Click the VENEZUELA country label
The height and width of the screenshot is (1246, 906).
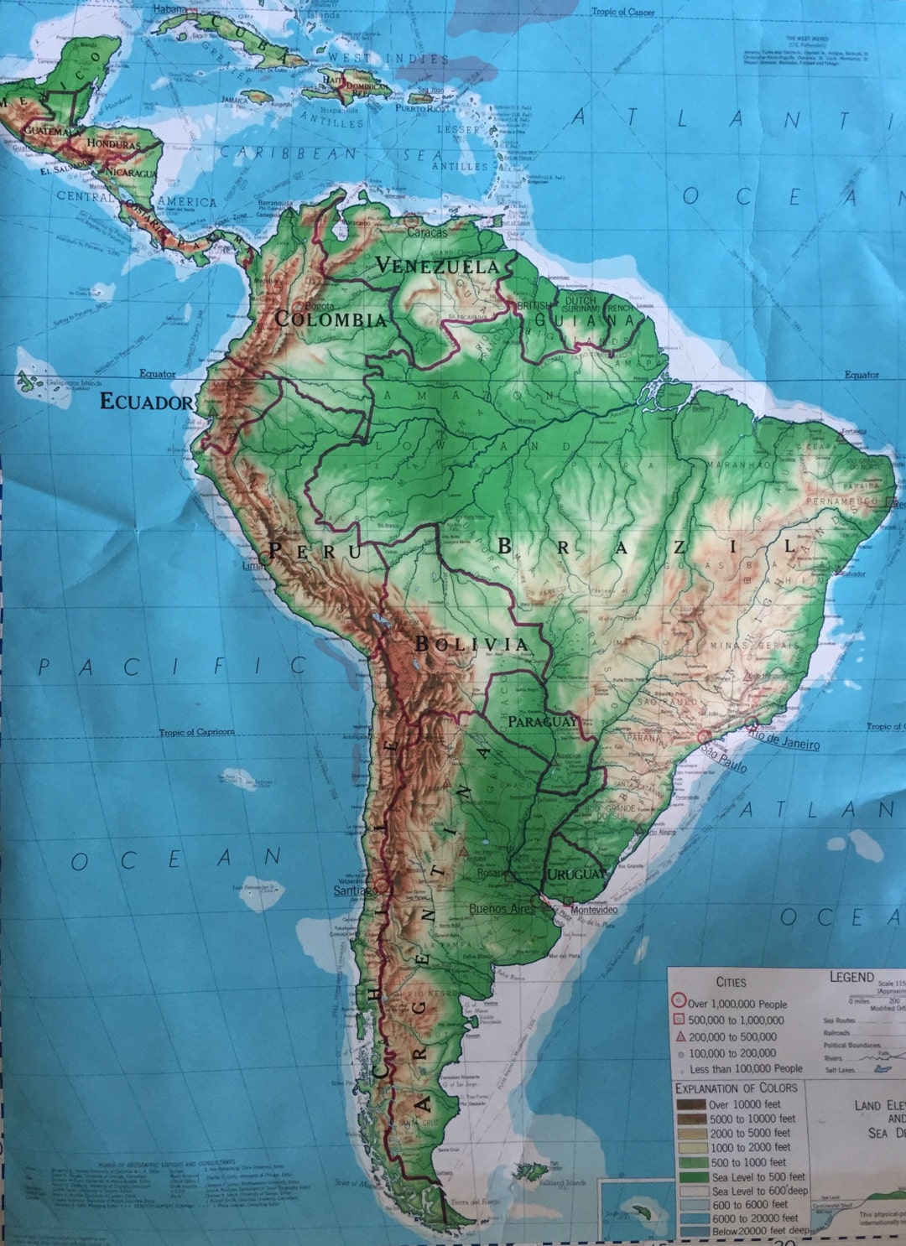point(437,266)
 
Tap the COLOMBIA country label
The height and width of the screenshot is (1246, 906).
point(331,319)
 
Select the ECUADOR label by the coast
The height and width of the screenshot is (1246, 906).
point(146,402)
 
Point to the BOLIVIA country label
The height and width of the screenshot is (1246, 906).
point(471,644)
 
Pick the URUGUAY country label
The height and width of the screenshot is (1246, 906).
point(576,875)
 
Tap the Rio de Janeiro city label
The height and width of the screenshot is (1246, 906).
point(785,741)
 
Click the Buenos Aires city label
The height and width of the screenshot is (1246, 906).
point(502,909)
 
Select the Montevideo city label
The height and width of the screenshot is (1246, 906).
point(594,911)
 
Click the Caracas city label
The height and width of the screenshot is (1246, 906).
point(428,232)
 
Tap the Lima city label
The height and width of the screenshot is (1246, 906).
point(253,565)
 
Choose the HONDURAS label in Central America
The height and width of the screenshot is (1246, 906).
point(112,144)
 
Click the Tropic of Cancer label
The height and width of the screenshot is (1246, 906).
point(623,12)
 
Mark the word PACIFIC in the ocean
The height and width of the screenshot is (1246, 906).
point(173,667)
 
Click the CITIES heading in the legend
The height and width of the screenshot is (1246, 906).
point(731,982)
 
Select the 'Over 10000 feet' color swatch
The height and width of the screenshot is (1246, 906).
point(690,1104)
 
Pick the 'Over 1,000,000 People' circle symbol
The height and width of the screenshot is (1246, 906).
point(679,1003)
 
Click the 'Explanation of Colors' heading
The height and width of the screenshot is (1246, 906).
point(736,1088)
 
